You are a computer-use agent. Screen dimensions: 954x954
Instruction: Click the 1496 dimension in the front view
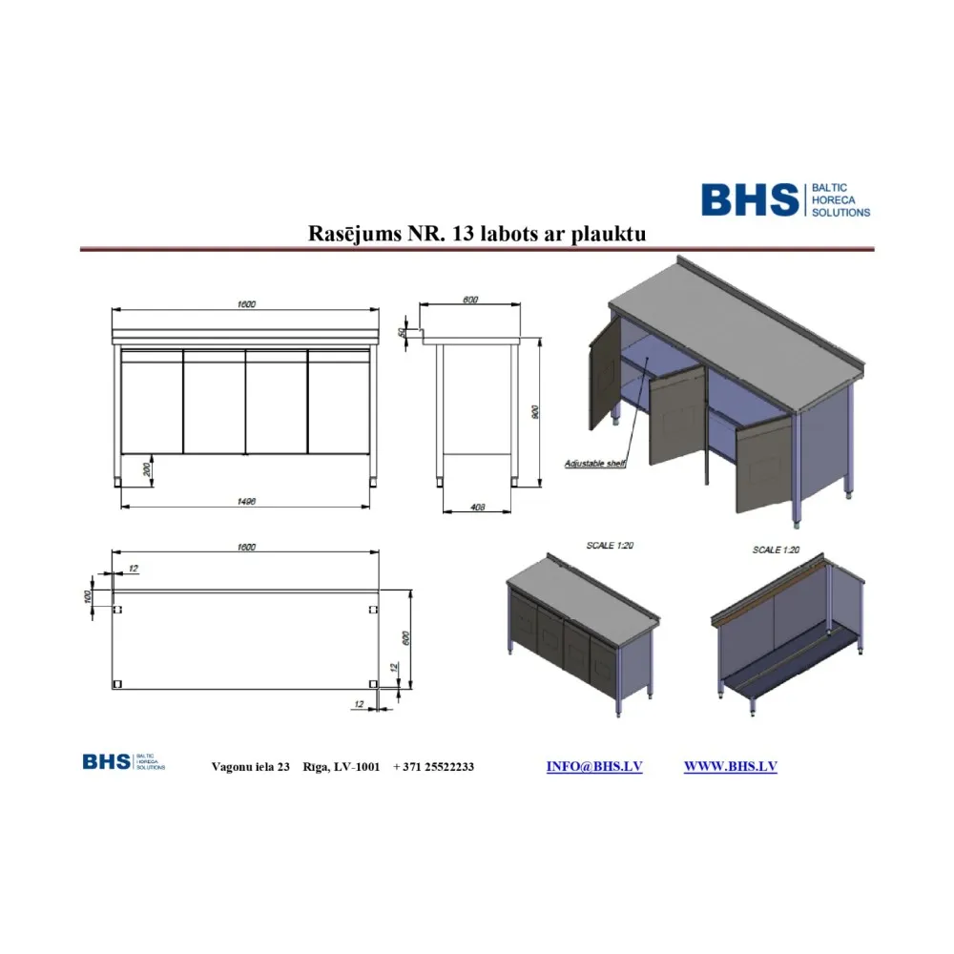(x=246, y=501)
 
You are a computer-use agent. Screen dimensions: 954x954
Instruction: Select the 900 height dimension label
(x=536, y=412)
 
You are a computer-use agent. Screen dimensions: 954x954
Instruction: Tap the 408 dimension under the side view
(x=480, y=508)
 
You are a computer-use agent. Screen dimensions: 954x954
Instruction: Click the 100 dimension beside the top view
(x=88, y=596)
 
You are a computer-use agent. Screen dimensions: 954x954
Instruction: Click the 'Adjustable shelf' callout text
(x=593, y=464)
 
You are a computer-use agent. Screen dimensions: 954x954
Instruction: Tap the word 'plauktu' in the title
(x=612, y=234)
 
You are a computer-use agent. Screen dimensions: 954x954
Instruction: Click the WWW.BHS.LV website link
(x=730, y=766)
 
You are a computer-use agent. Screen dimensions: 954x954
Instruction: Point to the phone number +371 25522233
(x=433, y=767)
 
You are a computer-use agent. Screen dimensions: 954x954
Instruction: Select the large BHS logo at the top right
(x=785, y=199)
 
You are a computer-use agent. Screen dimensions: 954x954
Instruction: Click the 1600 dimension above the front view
(x=246, y=304)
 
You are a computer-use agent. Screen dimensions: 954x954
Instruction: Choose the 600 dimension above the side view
(x=470, y=301)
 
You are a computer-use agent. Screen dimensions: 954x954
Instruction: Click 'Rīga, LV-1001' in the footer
(x=342, y=767)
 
